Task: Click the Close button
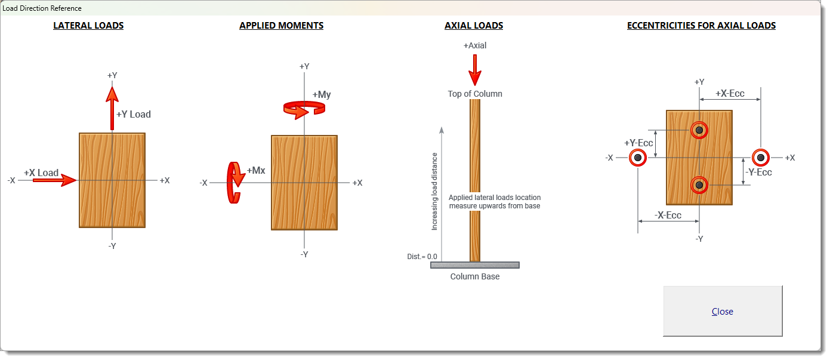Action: [723, 311]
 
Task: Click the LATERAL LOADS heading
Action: [88, 26]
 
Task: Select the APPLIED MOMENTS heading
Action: [281, 26]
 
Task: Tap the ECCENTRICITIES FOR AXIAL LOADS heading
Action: [701, 26]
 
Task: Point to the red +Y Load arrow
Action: [112, 108]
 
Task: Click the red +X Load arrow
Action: [54, 180]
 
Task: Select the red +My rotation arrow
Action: [304, 109]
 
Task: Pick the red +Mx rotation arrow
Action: [235, 183]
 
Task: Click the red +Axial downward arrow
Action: [474, 70]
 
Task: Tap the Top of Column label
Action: [474, 94]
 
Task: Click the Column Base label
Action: [474, 276]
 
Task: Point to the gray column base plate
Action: [474, 265]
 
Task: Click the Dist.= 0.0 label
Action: [422, 257]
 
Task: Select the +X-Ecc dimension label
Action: [730, 93]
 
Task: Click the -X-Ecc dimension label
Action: [668, 215]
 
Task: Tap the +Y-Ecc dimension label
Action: [638, 143]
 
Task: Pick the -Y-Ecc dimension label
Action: [758, 173]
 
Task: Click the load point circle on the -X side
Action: [638, 158]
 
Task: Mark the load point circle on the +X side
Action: [761, 158]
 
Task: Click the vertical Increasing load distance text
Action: [434, 192]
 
